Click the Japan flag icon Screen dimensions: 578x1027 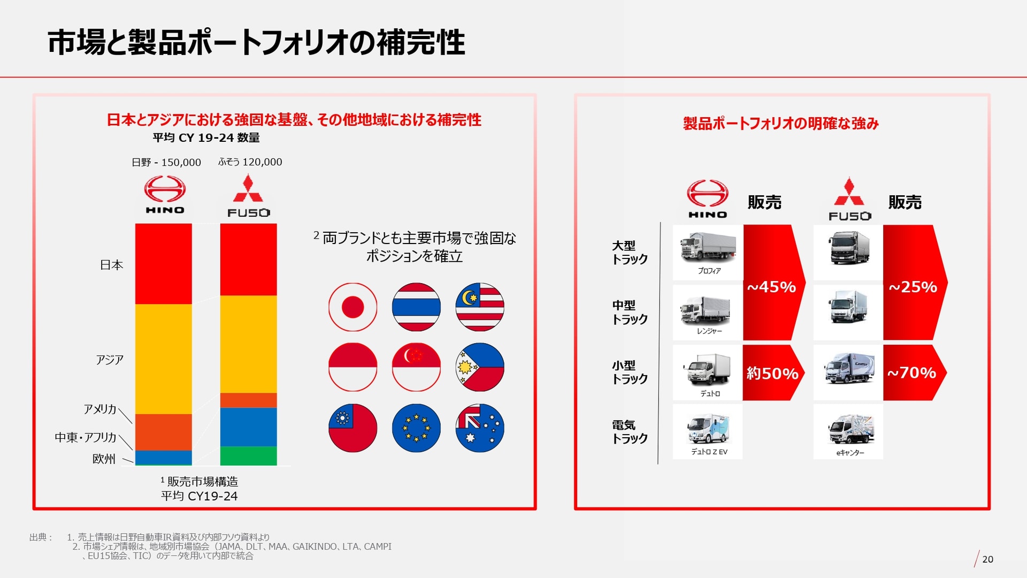pyautogui.click(x=352, y=307)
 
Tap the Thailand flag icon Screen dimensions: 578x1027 pyautogui.click(x=416, y=307)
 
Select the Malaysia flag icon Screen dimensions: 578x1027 pyautogui.click(x=480, y=307)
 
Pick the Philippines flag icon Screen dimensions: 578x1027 pyautogui.click(x=480, y=367)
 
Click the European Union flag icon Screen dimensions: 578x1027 pyautogui.click(x=416, y=428)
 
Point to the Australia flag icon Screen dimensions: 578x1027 pyautogui.click(x=480, y=428)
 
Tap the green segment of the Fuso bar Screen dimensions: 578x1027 pyautogui.click(x=248, y=456)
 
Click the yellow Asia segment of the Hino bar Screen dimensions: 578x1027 pyautogui.click(x=163, y=359)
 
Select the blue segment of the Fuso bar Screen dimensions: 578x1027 pyautogui.click(x=248, y=427)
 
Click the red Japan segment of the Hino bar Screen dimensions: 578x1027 pyautogui.click(x=163, y=263)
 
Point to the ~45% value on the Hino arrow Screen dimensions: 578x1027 pyautogui.click(x=771, y=287)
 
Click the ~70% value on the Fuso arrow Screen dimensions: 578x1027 pyautogui.click(x=912, y=373)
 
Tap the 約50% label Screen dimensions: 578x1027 pyautogui.click(x=772, y=373)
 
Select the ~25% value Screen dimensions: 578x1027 pyautogui.click(x=913, y=287)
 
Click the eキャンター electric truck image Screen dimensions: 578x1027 pyautogui.click(x=849, y=429)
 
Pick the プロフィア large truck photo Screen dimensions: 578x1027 pyautogui.click(x=708, y=248)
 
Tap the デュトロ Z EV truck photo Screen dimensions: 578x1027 pyautogui.click(x=708, y=428)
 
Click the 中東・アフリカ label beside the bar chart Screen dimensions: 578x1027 pyautogui.click(x=86, y=437)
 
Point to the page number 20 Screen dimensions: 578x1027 pyautogui.click(x=987, y=559)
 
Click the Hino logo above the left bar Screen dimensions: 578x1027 pyautogui.click(x=165, y=196)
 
